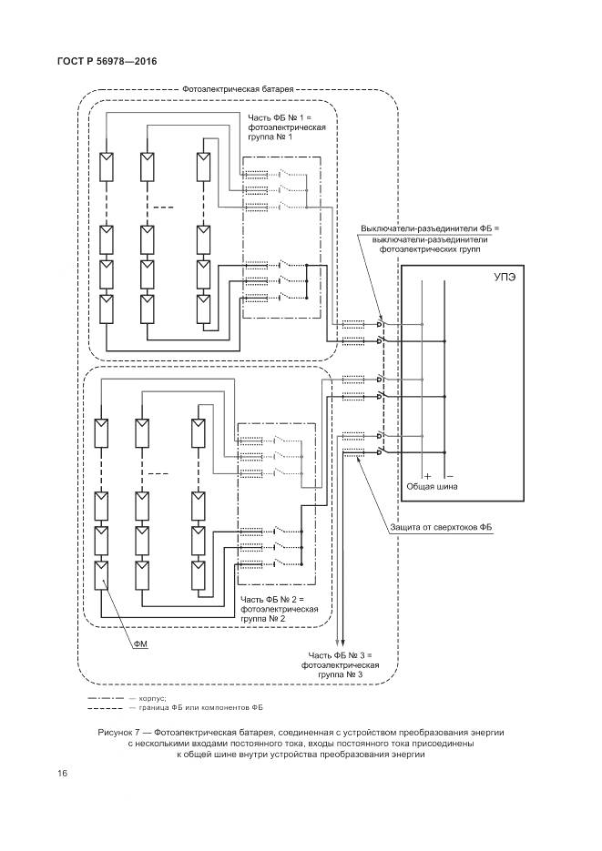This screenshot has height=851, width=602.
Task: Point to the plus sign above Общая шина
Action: point(425,476)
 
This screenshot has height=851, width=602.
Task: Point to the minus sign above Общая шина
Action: point(449,476)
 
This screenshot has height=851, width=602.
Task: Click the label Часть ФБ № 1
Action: point(281,118)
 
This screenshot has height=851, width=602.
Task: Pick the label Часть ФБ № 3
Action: point(341,655)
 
